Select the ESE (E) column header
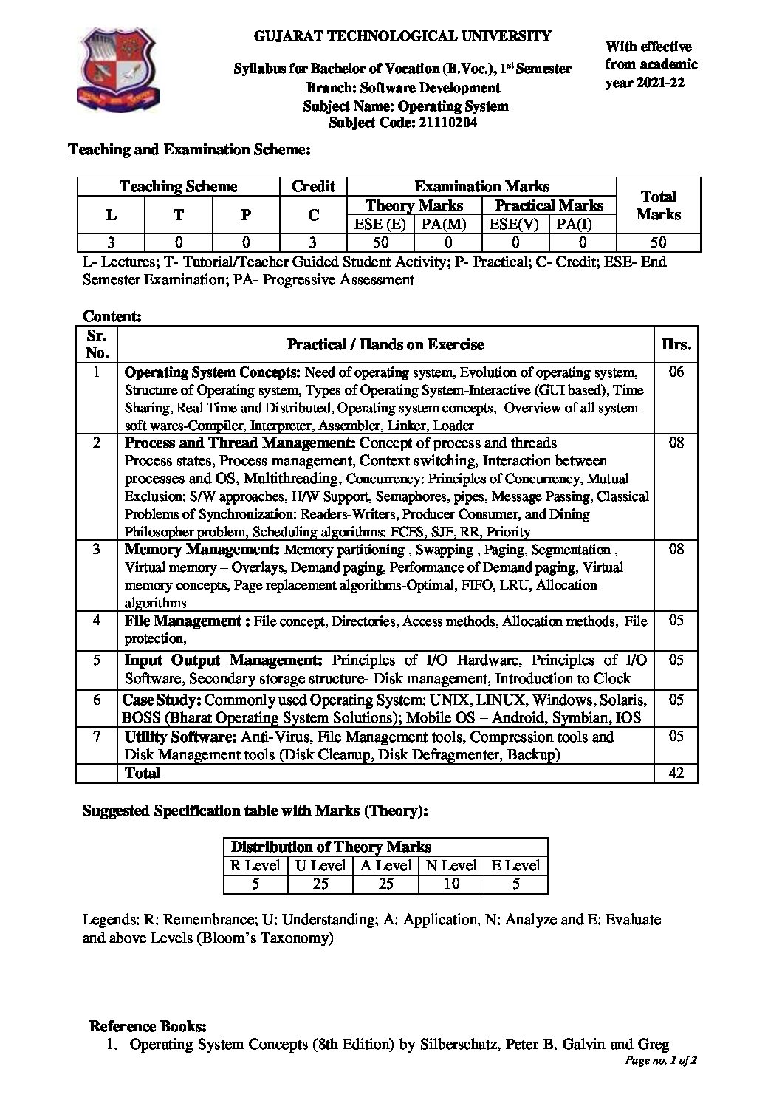(x=380, y=224)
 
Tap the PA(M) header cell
(x=447, y=224)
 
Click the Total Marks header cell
(x=658, y=205)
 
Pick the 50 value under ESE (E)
(x=380, y=242)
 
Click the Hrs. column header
(x=676, y=344)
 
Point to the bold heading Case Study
(x=161, y=700)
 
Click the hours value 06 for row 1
(x=676, y=372)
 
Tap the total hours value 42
(x=676, y=773)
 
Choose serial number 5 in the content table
(x=97, y=660)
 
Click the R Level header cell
(x=255, y=865)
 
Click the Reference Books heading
(x=148, y=1025)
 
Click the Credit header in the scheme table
(x=313, y=186)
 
